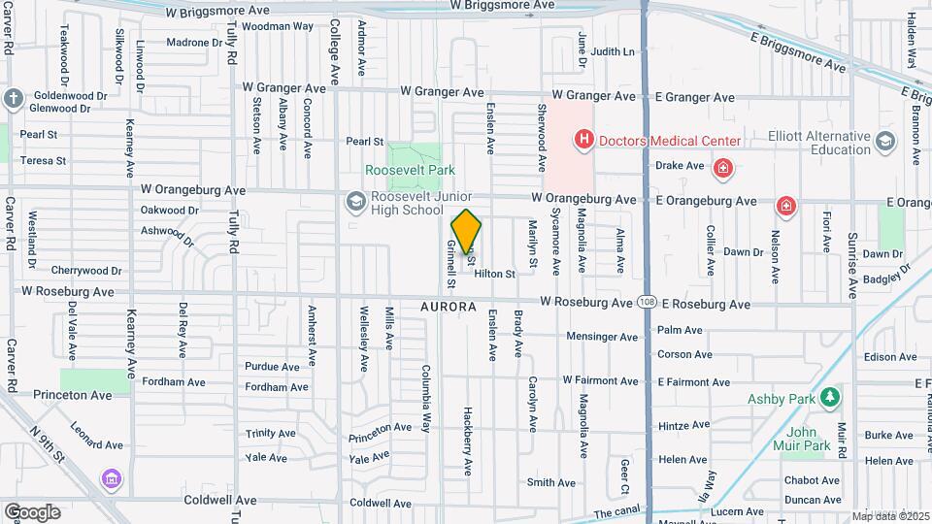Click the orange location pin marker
click(466, 232)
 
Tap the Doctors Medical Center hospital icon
click(583, 141)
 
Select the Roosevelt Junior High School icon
click(354, 202)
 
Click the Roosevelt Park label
click(410, 169)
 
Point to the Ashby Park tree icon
click(829, 397)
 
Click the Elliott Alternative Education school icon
click(884, 142)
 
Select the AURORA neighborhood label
click(449, 307)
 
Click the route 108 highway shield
click(647, 303)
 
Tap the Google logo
click(32, 511)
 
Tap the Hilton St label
click(495, 275)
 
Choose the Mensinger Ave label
click(602, 337)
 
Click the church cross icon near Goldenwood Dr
click(12, 98)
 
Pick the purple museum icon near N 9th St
click(110, 479)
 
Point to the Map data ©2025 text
click(889, 516)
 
